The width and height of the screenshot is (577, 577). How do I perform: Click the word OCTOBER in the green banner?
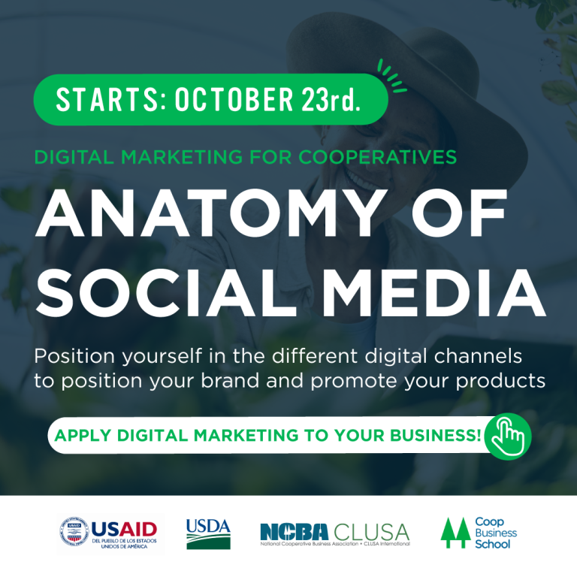click(x=234, y=99)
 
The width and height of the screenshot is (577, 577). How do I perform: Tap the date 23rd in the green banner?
click(x=330, y=99)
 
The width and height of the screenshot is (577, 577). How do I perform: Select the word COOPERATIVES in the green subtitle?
click(x=378, y=157)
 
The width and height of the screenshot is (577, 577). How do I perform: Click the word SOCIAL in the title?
click(x=165, y=293)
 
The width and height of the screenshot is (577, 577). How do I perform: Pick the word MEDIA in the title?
click(x=434, y=293)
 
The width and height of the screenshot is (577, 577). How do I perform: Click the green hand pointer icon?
click(x=508, y=437)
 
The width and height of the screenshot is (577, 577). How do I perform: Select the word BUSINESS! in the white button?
click(x=435, y=435)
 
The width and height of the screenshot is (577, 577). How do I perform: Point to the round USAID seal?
click(x=74, y=531)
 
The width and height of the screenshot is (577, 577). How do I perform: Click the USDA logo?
click(x=208, y=533)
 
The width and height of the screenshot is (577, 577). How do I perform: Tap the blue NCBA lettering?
click(x=294, y=532)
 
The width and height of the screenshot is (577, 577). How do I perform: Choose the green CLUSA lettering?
click(x=371, y=532)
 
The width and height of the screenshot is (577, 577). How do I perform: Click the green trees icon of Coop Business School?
click(x=455, y=533)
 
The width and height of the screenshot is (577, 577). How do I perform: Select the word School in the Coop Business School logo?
click(x=492, y=544)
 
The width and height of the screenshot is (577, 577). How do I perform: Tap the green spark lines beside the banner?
click(x=391, y=76)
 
